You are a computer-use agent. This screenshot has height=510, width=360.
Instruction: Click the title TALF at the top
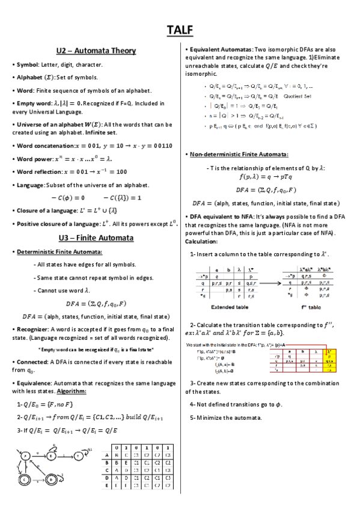pyautogui.click(x=180, y=29)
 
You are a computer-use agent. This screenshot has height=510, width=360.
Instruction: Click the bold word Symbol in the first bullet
pyautogui.click(x=27, y=64)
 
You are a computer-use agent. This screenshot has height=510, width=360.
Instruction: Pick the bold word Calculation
pyautogui.click(x=201, y=241)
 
